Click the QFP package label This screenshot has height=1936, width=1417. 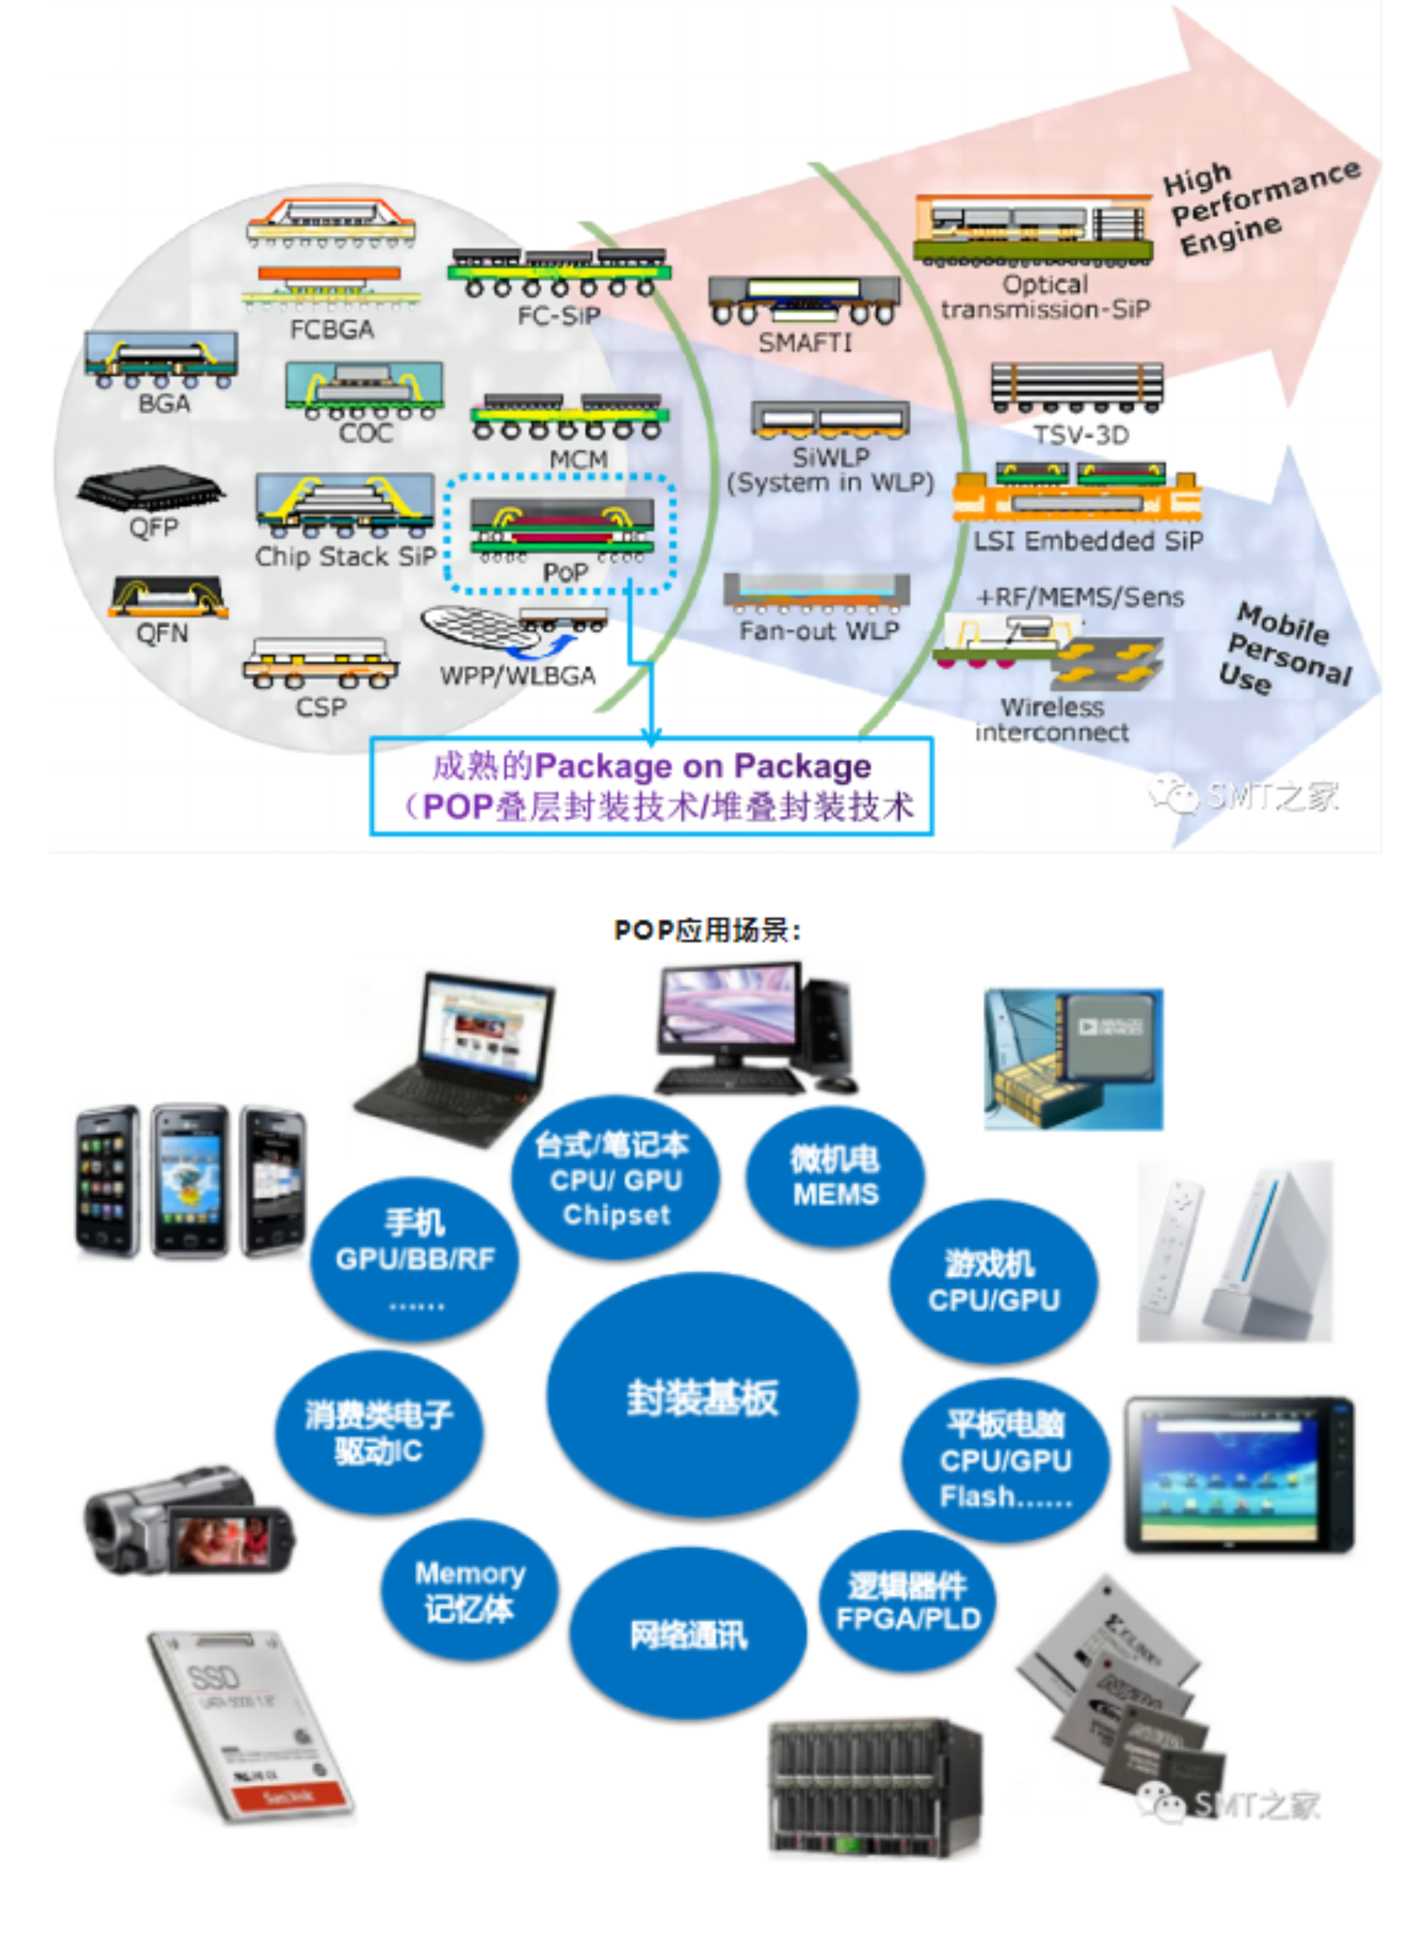154,526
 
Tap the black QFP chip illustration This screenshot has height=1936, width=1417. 150,487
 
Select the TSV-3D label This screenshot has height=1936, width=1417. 1080,435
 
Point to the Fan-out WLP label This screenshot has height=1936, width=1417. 818,630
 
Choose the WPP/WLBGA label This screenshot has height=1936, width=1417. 518,675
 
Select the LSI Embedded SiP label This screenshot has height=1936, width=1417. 1088,540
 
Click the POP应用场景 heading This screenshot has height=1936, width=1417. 707,931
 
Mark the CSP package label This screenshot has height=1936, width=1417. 321,706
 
